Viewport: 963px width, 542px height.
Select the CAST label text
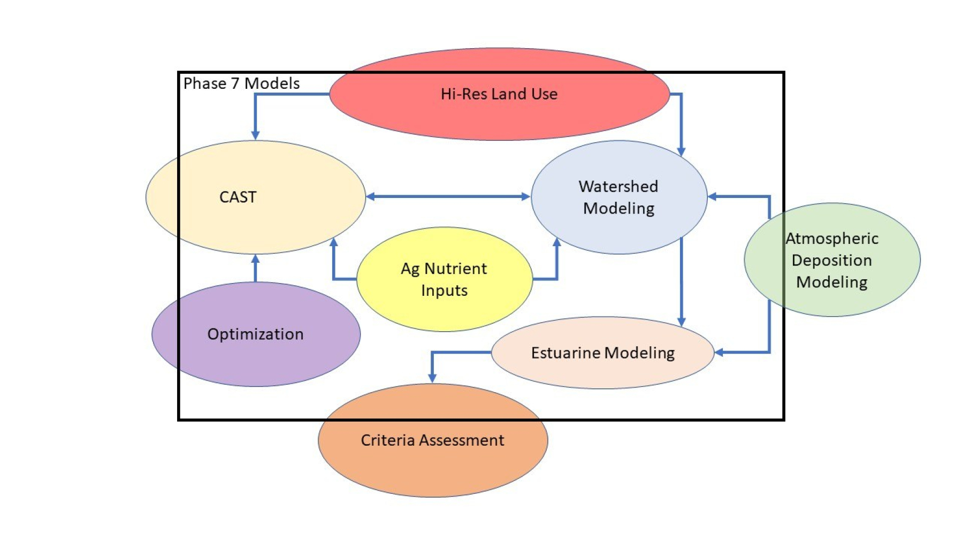(238, 197)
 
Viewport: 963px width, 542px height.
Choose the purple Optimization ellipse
(256, 358)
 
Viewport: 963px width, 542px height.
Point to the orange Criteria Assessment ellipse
(432, 465)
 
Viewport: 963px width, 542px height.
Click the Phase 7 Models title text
(241, 83)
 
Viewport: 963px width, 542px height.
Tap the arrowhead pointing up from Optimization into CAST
(255, 259)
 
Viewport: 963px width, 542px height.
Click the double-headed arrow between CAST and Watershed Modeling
(448, 196)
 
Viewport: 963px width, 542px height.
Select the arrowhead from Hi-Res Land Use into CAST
(255, 135)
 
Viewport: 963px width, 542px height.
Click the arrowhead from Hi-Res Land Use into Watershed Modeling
(681, 151)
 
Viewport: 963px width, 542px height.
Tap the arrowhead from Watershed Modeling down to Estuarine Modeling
(681, 321)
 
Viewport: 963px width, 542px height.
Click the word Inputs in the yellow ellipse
(444, 291)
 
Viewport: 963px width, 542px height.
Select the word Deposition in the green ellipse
(831, 261)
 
